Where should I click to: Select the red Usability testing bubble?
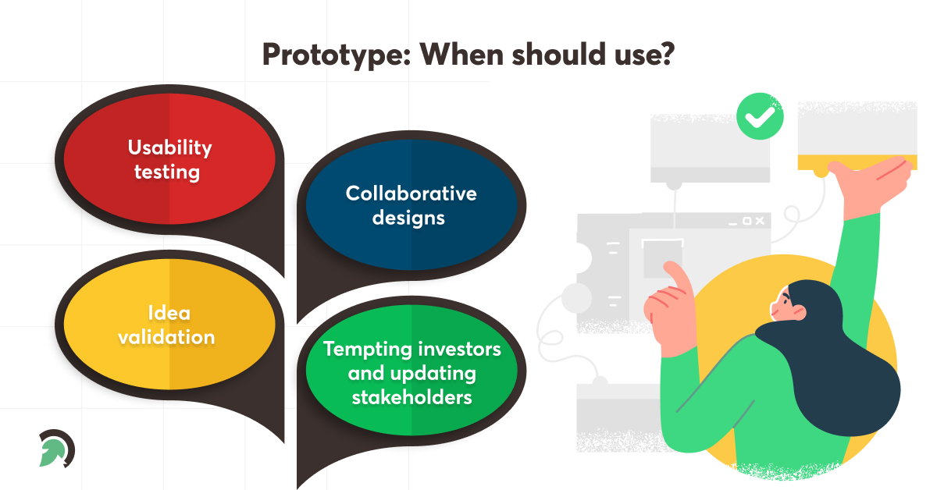169,159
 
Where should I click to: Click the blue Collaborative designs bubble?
411,205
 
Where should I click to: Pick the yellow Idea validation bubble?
169,325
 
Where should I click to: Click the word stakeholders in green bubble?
411,397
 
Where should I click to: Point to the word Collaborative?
411,193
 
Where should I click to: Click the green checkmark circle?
760,118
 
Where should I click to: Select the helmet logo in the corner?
56,449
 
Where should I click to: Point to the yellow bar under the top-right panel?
857,162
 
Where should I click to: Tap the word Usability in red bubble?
169,147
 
